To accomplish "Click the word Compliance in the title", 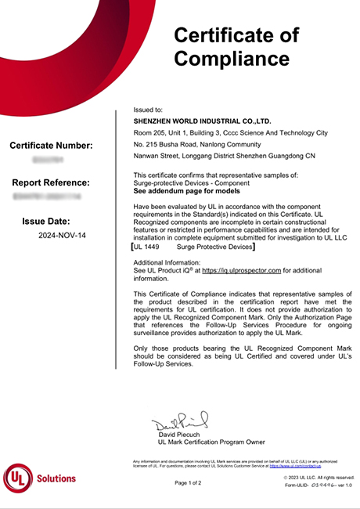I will (231, 58).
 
